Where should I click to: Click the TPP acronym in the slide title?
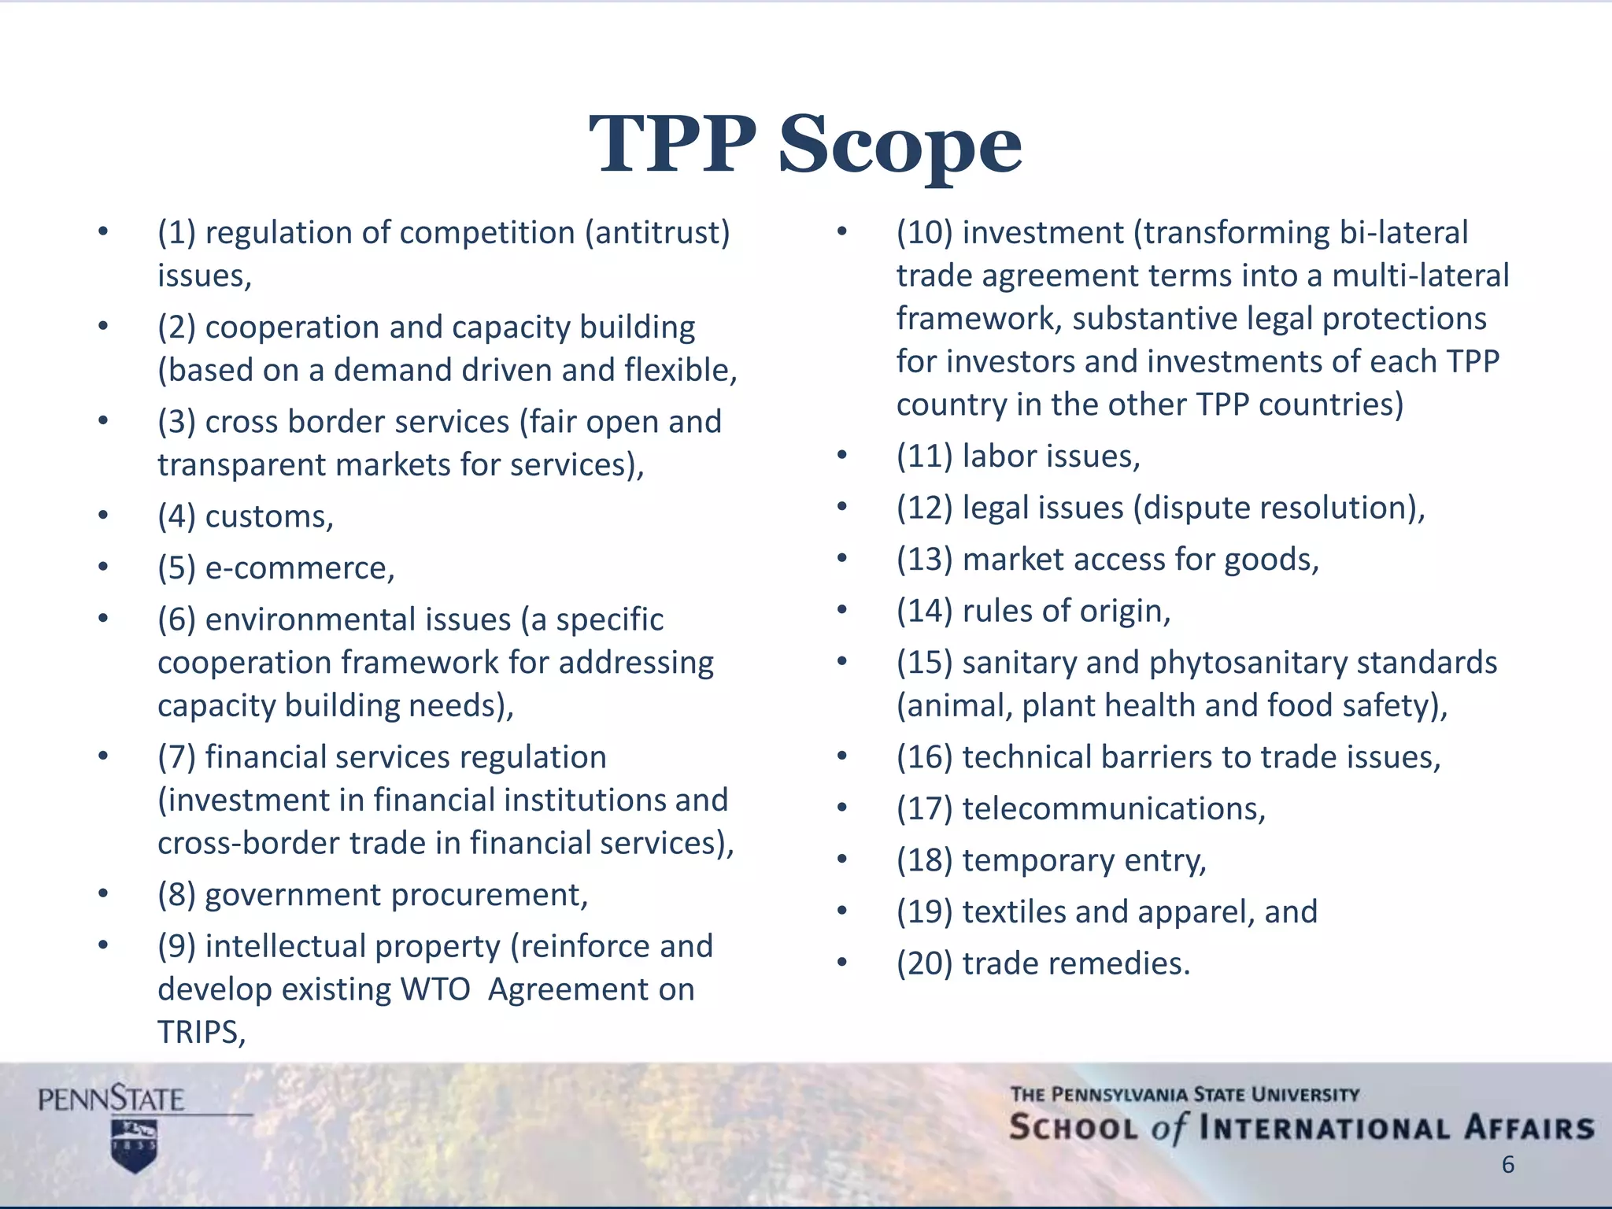click(x=672, y=145)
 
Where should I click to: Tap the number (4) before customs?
click(x=176, y=517)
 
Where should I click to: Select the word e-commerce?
click(x=299, y=568)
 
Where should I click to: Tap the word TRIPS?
click(x=201, y=1033)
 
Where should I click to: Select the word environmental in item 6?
click(x=357, y=620)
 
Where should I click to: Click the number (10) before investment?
click(x=924, y=233)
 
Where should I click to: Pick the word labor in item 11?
click(x=1000, y=457)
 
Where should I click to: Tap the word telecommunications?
click(x=1113, y=809)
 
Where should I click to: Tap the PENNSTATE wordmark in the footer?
click(x=111, y=1099)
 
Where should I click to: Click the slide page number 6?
click(x=1507, y=1165)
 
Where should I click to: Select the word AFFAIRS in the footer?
click(x=1528, y=1128)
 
